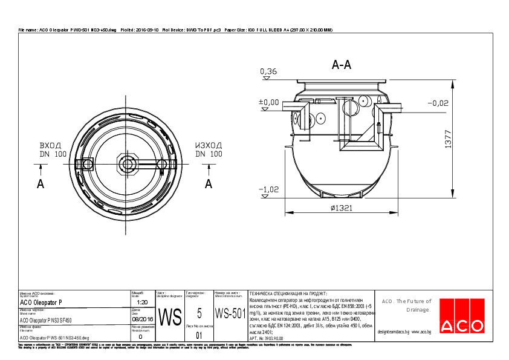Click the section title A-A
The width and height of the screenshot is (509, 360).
(x=342, y=65)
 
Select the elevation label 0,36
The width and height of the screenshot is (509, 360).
(x=268, y=72)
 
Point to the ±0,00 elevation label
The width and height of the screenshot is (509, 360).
(x=269, y=102)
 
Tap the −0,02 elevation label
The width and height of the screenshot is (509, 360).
(x=437, y=103)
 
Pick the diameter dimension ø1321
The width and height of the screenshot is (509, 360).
(x=342, y=208)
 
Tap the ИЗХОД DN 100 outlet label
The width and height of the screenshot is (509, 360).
(x=208, y=150)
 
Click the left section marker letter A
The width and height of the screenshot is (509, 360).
(x=41, y=184)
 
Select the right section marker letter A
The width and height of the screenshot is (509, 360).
(x=209, y=183)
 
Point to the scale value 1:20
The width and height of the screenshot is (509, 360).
(x=143, y=302)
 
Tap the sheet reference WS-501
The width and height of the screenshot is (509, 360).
(x=230, y=314)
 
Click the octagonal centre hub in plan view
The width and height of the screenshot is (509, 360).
(x=128, y=163)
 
